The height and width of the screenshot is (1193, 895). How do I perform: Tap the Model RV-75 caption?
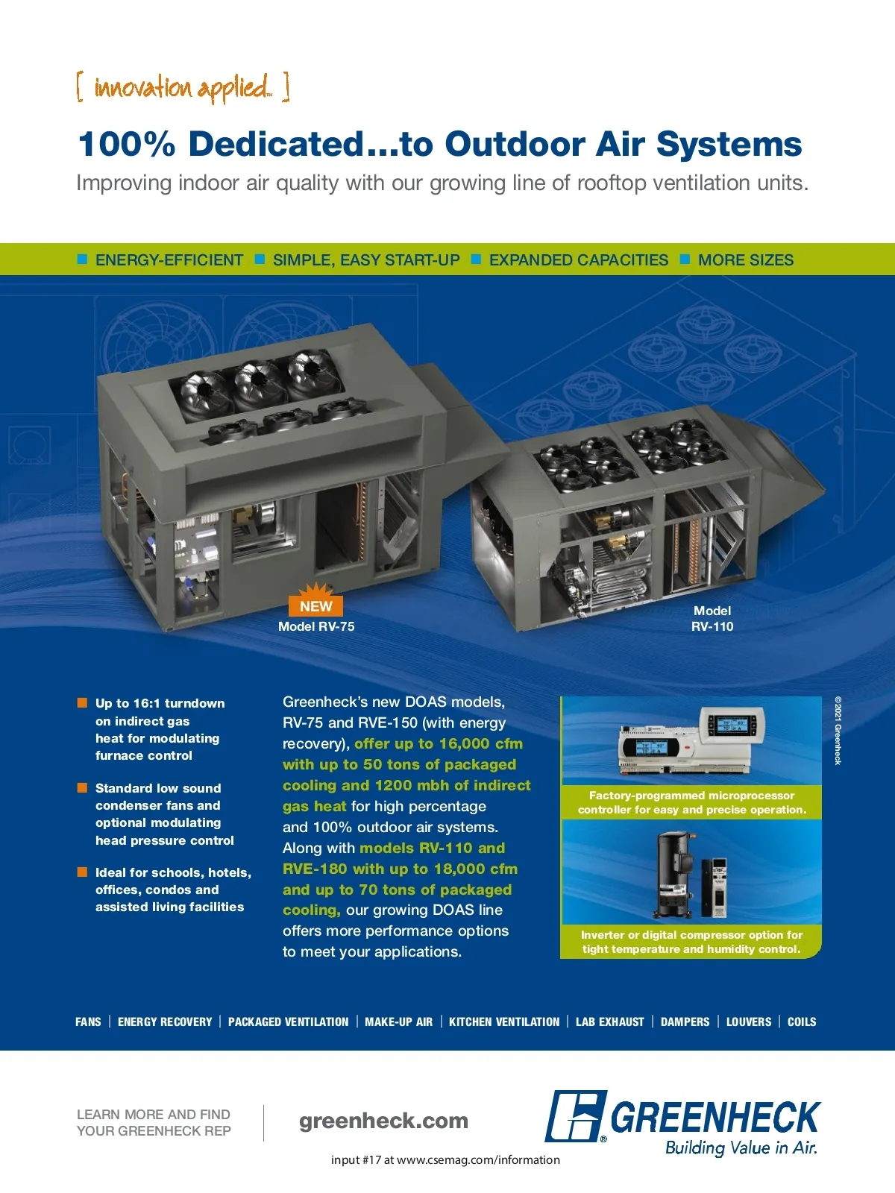[316, 626]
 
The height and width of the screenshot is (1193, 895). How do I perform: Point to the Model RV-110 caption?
[712, 619]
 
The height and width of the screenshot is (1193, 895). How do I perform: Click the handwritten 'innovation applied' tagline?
[183, 88]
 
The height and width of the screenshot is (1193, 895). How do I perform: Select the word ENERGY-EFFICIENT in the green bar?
[169, 260]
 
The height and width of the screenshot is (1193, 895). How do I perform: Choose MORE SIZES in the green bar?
[746, 260]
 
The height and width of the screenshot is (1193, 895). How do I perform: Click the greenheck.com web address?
[383, 1121]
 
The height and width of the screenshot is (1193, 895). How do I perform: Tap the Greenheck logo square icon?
[575, 1116]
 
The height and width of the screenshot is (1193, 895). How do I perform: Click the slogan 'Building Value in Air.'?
[741, 1148]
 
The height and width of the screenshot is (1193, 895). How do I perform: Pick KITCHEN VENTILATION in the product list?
[504, 1022]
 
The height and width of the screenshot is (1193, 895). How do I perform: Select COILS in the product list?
[802, 1022]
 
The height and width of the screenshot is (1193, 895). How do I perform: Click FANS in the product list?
[88, 1022]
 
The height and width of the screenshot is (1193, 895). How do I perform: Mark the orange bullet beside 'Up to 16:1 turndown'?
[82, 702]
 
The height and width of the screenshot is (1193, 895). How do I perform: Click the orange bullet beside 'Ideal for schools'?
[82, 872]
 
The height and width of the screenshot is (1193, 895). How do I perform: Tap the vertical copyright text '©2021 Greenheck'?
[838, 731]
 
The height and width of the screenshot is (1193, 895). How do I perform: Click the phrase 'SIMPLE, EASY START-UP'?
[366, 260]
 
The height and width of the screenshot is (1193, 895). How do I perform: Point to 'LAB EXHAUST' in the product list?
[610, 1022]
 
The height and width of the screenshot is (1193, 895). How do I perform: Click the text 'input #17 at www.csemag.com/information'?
[445, 1159]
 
